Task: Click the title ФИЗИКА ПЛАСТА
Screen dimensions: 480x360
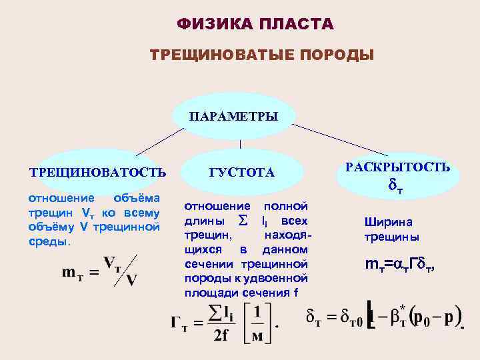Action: click(x=255, y=25)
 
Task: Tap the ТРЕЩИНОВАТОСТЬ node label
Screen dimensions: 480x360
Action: click(x=97, y=173)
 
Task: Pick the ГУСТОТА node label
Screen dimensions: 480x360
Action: click(x=241, y=173)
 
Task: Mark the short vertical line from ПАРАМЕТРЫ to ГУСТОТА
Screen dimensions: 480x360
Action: click(x=240, y=144)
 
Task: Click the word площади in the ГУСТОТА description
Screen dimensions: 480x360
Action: click(x=207, y=293)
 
